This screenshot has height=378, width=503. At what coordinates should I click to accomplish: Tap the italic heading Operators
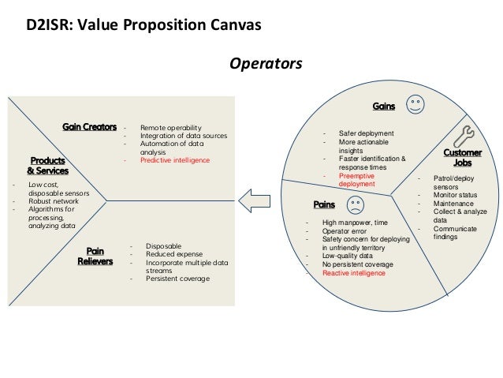click(x=265, y=62)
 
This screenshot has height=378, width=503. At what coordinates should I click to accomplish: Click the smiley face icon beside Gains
click(x=415, y=103)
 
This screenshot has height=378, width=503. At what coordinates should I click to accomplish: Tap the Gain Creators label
click(x=90, y=127)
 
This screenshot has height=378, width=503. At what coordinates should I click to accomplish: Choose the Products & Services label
click(x=48, y=165)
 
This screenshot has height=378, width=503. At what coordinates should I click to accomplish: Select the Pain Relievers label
click(x=95, y=256)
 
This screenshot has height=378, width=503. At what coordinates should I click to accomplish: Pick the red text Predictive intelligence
click(x=175, y=160)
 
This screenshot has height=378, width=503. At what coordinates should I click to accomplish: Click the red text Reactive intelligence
click(x=354, y=273)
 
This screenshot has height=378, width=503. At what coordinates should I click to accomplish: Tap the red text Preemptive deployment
click(x=358, y=180)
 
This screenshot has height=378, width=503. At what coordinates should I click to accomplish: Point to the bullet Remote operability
click(x=171, y=127)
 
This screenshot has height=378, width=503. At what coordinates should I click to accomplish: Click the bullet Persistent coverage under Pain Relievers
click(x=178, y=278)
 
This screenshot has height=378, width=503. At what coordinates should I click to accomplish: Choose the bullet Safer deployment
click(x=366, y=134)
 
